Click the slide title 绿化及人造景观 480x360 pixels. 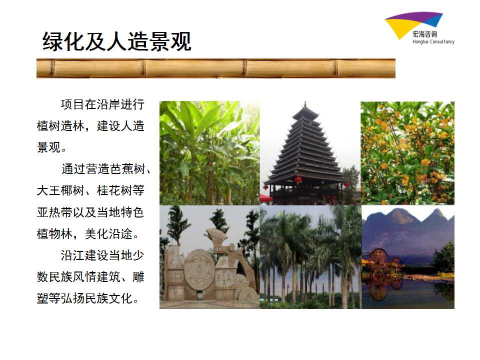point(117,41)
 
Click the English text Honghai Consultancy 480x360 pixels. point(433,41)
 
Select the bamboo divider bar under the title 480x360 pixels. point(216,68)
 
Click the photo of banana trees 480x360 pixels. point(209,153)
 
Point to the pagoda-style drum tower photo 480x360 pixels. point(310,153)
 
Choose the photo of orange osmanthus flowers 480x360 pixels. point(407,153)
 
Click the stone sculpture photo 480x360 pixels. point(209,257)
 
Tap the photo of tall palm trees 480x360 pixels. point(310,257)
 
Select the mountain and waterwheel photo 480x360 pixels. point(408,257)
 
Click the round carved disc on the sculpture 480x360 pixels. point(199,269)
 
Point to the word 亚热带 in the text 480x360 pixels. point(54,212)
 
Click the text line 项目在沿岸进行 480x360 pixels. point(102,104)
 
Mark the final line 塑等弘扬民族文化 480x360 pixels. point(87,298)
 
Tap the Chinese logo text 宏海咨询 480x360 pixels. point(425,34)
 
